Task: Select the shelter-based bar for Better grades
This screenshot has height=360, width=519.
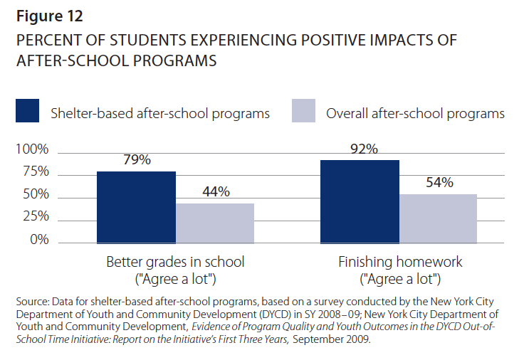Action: point(136,206)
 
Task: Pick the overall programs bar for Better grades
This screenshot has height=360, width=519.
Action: point(215,223)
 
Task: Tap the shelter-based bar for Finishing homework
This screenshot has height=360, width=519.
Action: point(360,201)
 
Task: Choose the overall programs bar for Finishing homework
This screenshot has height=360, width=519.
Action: point(438,218)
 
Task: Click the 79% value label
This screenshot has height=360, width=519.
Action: point(136,160)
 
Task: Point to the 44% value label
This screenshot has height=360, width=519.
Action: point(215,192)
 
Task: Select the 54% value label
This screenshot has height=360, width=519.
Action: point(439,182)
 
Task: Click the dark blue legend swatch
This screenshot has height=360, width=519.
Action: point(27,112)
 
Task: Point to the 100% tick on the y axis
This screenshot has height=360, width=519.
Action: point(32,150)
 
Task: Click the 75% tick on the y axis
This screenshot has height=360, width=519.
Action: point(35,172)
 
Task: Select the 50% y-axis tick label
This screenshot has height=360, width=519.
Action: point(35,195)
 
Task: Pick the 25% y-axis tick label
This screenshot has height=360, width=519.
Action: point(35,217)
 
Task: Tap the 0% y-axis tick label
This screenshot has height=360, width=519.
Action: point(38,240)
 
